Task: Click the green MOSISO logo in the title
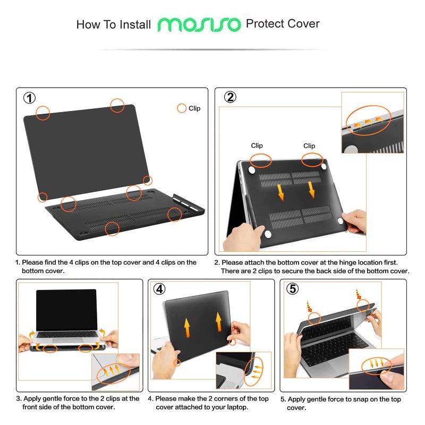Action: coord(199,24)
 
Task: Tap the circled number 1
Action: coord(30,98)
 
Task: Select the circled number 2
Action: coord(230,97)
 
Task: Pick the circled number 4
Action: coord(159,289)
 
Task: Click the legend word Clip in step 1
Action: coord(194,108)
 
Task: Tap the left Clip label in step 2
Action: coord(257,146)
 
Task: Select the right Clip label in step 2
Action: coord(309,146)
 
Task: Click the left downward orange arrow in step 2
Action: coord(280,192)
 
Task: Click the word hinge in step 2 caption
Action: coord(332,262)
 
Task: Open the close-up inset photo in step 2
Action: coord(372,123)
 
